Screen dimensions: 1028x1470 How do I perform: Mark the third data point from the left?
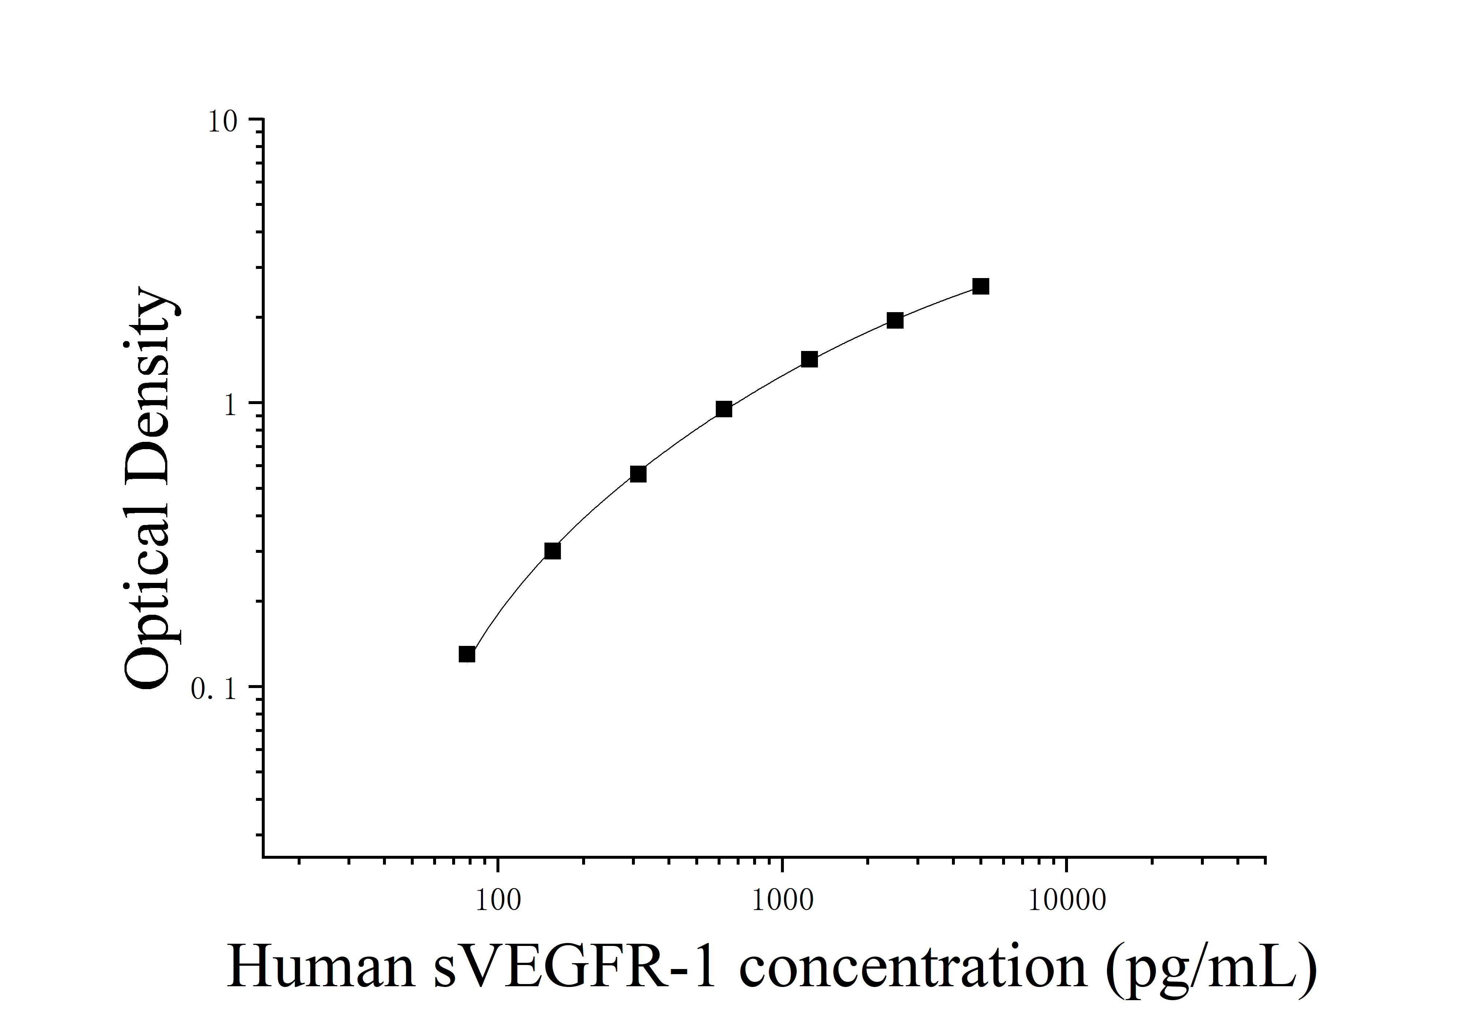point(638,474)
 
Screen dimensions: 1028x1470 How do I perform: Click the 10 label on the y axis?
point(222,122)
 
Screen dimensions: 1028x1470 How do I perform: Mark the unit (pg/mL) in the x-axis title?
point(1210,968)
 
